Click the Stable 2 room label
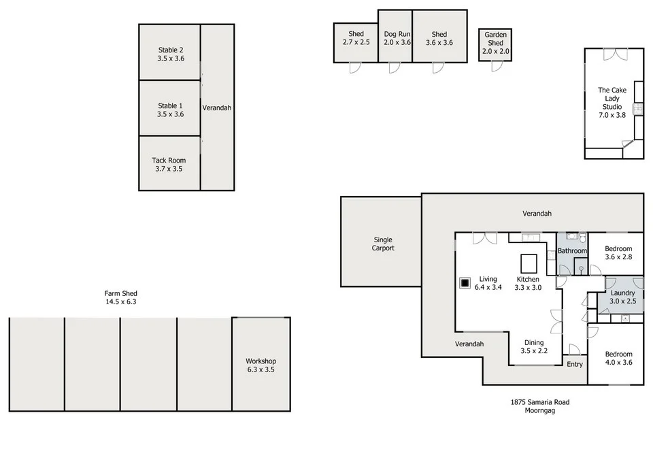[x=170, y=54]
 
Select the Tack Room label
[x=169, y=165]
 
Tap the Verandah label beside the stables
[x=217, y=108]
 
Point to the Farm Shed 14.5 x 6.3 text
[x=121, y=297]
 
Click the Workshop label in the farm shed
[x=261, y=365]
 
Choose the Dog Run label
[x=397, y=38]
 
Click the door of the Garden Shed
[x=496, y=66]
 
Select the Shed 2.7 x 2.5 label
[x=356, y=38]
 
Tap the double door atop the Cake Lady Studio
[x=614, y=53]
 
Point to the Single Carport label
[x=382, y=244]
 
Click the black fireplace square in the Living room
[x=465, y=282]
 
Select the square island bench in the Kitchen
[x=529, y=263]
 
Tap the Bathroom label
[x=572, y=251]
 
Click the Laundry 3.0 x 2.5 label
[x=622, y=297]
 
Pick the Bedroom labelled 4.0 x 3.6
[x=618, y=359]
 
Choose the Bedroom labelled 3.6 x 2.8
[x=618, y=253]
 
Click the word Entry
[x=575, y=364]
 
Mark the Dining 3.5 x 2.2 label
[x=533, y=347]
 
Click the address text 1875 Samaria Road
[x=540, y=402]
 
